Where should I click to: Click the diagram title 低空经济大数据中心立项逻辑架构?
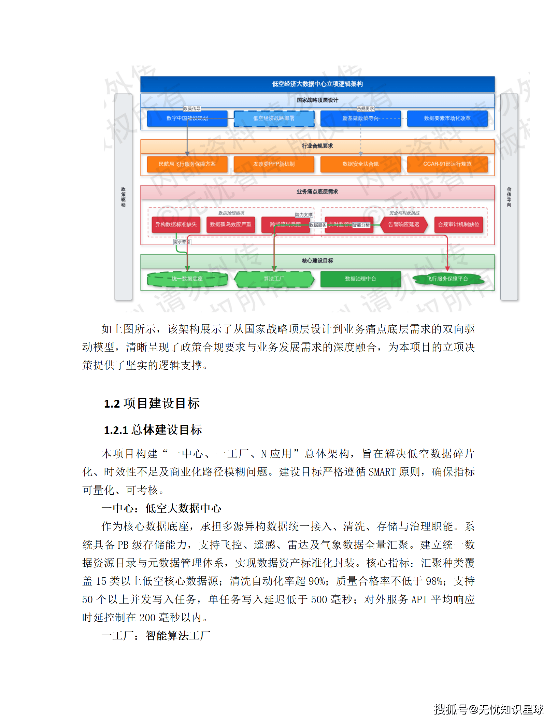317,84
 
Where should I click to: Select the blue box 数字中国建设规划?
187,118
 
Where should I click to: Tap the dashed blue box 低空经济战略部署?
274,118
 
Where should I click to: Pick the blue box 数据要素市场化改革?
447,118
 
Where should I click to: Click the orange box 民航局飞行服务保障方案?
187,164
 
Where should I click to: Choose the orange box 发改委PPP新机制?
274,164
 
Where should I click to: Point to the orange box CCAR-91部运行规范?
447,164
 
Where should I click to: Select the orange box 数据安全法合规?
360,164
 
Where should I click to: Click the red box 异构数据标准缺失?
176,225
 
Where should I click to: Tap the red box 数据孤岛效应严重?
231,225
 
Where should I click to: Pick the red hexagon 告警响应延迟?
404,225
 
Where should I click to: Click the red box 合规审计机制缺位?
458,225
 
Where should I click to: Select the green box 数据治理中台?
360,279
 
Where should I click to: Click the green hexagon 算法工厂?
274,279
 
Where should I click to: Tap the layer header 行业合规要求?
317,146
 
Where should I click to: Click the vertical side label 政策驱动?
123,197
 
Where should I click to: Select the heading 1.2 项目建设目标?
152,404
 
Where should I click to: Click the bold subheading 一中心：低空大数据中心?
161,508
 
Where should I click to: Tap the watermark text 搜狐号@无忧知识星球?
488,709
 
